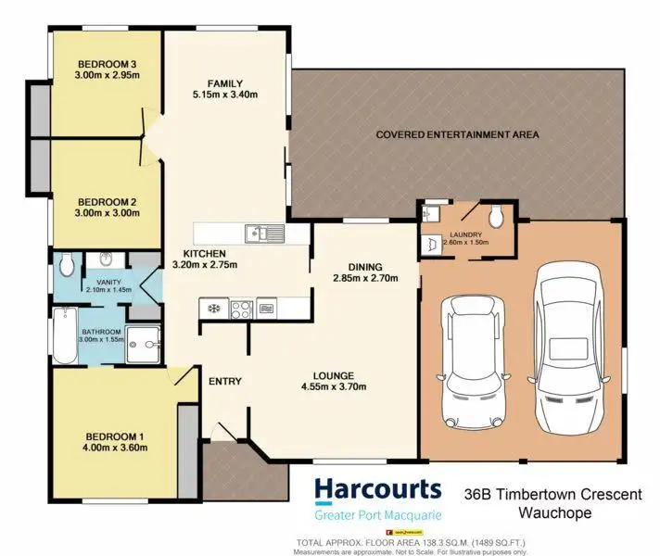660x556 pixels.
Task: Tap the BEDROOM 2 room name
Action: [x=108, y=201]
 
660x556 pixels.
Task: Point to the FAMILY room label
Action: [x=225, y=82]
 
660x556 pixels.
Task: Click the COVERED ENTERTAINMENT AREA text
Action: [x=457, y=135]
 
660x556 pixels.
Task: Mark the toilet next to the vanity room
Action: [x=66, y=265]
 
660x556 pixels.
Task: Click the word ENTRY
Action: [x=225, y=381]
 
